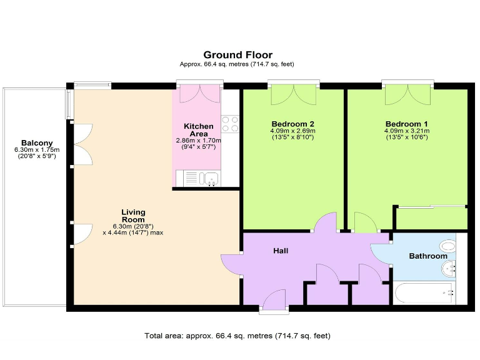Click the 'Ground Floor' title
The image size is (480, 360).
(x=237, y=55)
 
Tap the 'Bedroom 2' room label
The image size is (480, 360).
(x=292, y=123)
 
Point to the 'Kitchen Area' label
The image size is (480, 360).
(x=198, y=130)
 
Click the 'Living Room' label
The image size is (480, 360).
(x=133, y=216)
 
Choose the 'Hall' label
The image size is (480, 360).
(x=281, y=251)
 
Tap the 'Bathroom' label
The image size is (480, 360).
(x=428, y=256)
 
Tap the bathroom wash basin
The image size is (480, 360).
(x=449, y=269)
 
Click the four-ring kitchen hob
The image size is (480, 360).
(x=230, y=124)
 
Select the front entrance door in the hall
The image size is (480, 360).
(x=274, y=301)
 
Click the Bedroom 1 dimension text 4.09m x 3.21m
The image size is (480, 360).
(x=406, y=131)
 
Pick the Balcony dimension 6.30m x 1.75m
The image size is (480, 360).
(x=36, y=151)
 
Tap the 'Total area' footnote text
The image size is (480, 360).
(x=237, y=336)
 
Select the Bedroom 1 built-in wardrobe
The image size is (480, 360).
(x=432, y=218)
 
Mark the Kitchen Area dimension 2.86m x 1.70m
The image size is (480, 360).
(x=198, y=141)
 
